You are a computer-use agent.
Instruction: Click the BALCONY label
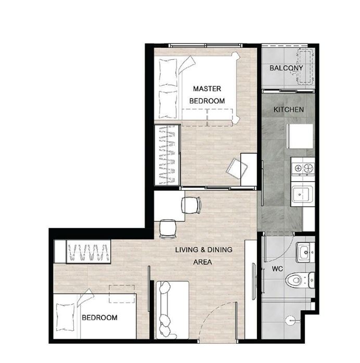(x=286, y=68)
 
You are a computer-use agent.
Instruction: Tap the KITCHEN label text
(x=289, y=109)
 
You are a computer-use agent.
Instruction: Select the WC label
(x=277, y=269)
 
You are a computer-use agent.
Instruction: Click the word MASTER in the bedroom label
(x=207, y=89)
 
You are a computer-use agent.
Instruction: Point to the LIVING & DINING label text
(x=203, y=249)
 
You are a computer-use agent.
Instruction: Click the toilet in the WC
(x=300, y=280)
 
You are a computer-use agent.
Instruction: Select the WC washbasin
(x=305, y=253)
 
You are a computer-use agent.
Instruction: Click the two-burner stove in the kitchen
(x=303, y=168)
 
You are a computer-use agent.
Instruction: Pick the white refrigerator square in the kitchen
(x=300, y=136)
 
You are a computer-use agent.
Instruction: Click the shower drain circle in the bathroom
(x=291, y=321)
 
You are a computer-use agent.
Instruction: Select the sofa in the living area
(x=172, y=310)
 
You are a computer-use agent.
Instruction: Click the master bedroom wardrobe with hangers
(x=168, y=155)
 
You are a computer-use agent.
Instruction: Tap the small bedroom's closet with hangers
(x=88, y=252)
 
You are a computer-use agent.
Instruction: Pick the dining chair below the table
(x=168, y=229)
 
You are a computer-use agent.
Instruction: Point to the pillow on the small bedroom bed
(x=66, y=317)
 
